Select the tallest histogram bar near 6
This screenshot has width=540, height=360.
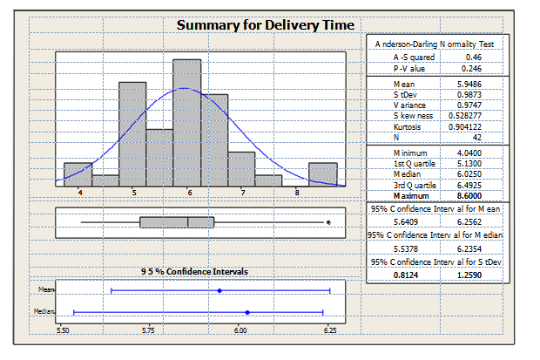[187, 118]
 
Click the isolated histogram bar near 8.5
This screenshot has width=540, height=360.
[322, 174]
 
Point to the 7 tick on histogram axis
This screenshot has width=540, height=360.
[243, 190]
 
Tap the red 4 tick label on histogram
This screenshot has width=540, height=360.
[79, 191]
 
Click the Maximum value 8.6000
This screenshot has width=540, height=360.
[469, 196]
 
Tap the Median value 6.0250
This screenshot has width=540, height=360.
[469, 174]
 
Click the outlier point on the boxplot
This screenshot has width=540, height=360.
[327, 222]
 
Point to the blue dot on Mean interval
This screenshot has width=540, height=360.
[219, 289]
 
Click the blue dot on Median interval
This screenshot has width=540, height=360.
[248, 311]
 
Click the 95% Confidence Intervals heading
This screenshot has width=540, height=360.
[195, 271]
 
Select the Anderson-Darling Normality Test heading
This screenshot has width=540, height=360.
[435, 43]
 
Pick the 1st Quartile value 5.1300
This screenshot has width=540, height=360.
[469, 163]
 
